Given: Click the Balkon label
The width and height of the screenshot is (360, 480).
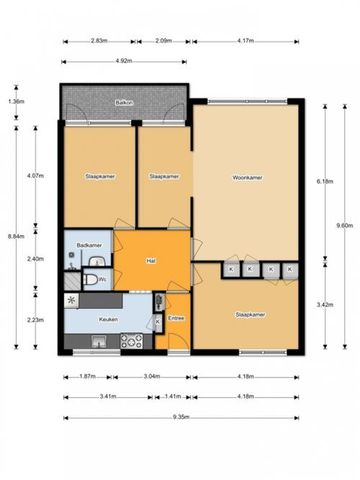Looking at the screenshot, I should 124,102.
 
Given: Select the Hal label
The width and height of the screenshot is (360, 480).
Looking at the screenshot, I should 151,261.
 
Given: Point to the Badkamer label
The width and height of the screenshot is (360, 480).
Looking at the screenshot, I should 90,245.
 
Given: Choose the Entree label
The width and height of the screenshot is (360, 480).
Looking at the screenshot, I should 176,317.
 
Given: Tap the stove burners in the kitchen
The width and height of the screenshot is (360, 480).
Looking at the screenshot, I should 131,341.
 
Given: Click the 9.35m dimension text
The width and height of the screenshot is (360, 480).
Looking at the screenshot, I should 181,417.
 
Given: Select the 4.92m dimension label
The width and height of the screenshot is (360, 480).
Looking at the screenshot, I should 124,61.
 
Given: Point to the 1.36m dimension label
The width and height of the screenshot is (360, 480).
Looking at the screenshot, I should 16,101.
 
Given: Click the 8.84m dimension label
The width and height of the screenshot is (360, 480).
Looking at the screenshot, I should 16,236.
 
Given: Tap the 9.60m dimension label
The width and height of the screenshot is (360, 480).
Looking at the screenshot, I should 344,225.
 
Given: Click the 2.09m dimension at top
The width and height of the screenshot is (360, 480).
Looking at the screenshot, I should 164,41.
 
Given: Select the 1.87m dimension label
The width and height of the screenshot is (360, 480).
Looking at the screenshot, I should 86,377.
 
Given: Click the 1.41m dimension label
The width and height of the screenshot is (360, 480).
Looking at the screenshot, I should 172,396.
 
